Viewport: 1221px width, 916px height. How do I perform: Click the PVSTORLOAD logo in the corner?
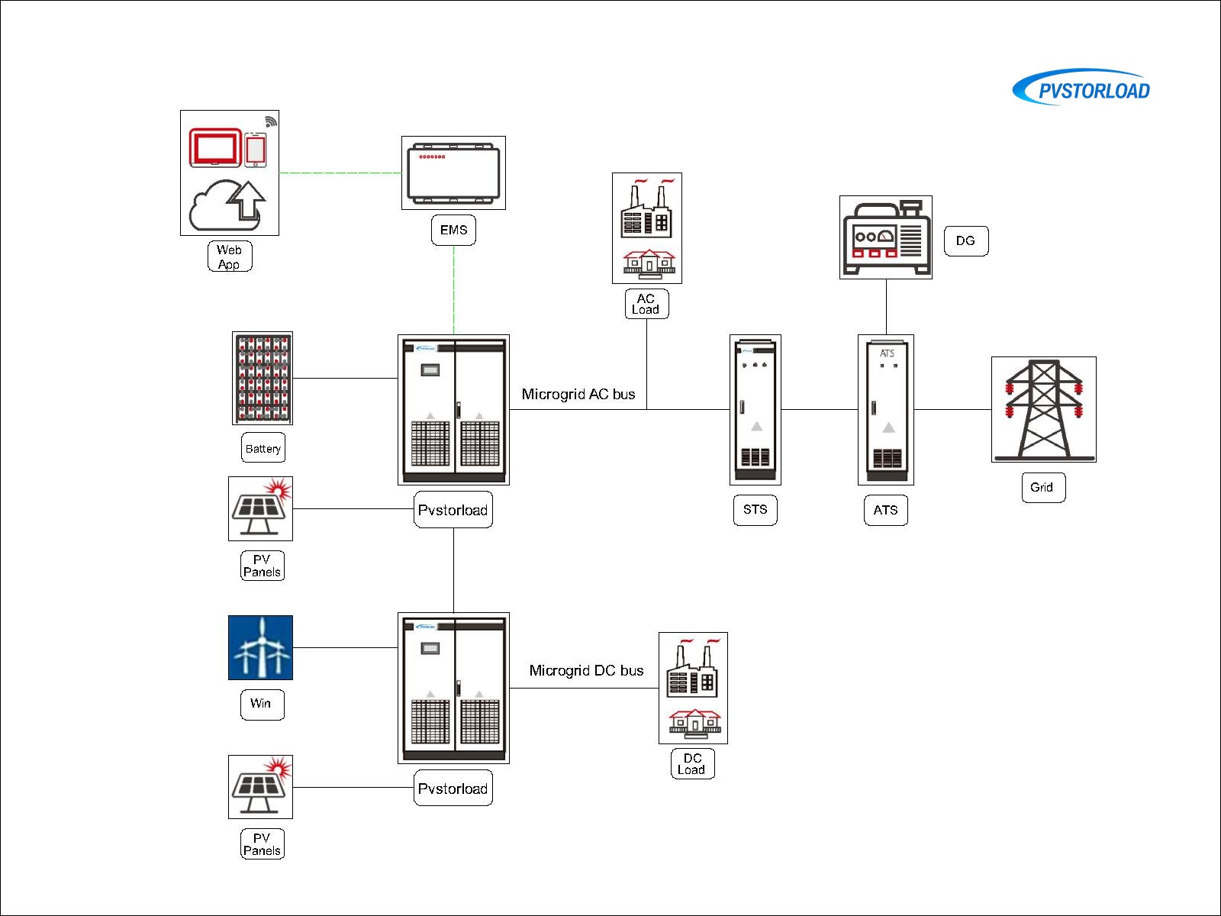coord(1081,89)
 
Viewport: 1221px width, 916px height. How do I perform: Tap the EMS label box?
coord(453,230)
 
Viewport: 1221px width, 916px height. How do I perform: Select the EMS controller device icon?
coord(453,173)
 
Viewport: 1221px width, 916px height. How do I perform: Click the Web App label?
coord(229,256)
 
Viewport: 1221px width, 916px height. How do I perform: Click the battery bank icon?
coord(262,378)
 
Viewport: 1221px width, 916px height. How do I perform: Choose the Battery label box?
coord(263,448)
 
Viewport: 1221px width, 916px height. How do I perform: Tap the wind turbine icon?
coord(260,647)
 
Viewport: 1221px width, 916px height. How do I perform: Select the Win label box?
coord(262,703)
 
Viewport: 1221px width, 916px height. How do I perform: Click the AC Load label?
coord(646,304)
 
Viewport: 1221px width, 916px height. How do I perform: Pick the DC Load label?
coord(692,763)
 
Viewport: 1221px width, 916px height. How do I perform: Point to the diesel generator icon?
coord(885,237)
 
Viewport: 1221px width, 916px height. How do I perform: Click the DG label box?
coord(965,240)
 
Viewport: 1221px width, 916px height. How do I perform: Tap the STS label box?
coord(755,509)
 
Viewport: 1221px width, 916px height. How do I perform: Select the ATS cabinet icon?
coord(885,409)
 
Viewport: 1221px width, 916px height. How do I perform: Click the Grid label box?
coord(1042,487)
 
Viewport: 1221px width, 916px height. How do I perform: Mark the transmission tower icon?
coord(1043,409)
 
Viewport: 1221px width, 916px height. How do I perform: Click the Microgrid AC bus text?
coord(578,394)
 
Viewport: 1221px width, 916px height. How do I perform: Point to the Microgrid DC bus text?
coord(586,670)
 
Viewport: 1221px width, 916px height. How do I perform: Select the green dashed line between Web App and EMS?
coord(340,173)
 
